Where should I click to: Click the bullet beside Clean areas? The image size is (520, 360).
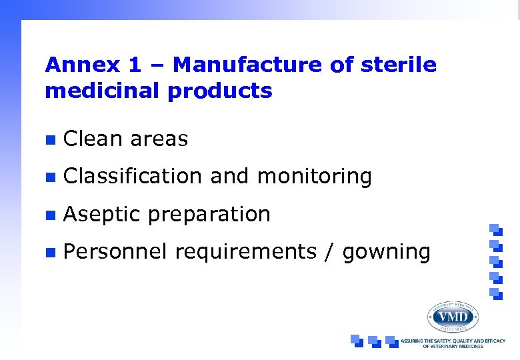coord(49,139)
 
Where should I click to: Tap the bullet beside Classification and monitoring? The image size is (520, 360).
coord(49,177)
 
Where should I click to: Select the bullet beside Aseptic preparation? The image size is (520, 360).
coord(49,215)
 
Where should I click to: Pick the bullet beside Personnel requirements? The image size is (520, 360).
coord(49,253)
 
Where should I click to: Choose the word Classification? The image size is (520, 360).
coord(133,177)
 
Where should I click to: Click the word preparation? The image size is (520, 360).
coord(209,215)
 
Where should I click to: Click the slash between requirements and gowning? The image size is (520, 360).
coord(328,252)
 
